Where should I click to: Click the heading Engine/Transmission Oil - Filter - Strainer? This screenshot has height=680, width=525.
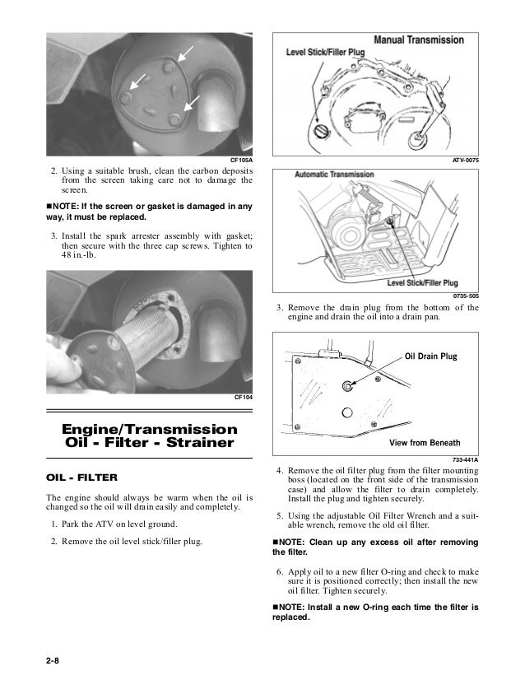[150, 436]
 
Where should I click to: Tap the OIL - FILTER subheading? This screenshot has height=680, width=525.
[81, 477]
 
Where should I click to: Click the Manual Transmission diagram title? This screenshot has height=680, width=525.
[419, 40]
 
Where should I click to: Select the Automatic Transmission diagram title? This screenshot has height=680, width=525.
[335, 175]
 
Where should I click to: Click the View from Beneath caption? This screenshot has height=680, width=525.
[425, 442]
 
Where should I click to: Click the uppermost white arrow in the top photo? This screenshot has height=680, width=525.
[187, 54]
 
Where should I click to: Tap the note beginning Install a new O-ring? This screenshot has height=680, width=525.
[375, 612]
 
